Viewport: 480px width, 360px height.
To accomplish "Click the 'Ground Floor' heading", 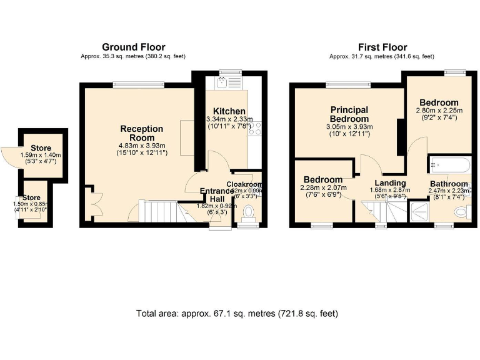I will click(132, 47).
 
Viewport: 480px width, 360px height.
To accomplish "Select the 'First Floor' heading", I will click(382, 47).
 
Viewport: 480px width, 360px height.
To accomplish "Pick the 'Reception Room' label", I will click(141, 133).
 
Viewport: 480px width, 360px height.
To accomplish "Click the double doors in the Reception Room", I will click(89, 201).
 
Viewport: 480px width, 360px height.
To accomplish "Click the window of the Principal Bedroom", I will click(343, 84).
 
